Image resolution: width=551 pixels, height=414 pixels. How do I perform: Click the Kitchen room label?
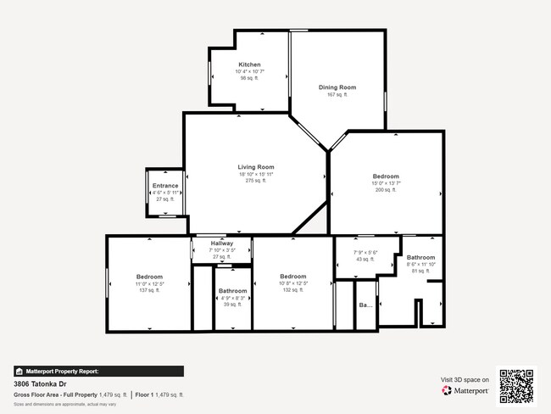click(x=249, y=64)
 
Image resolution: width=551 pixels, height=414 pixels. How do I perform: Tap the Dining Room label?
click(x=337, y=87)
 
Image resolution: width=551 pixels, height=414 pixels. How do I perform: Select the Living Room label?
click(x=255, y=167)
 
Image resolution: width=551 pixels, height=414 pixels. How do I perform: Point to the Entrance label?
click(x=165, y=186)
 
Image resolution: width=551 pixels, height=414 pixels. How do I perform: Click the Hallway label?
click(x=220, y=243)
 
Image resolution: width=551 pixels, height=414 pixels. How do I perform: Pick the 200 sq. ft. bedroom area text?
click(x=385, y=190)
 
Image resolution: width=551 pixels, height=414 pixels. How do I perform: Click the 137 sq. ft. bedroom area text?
click(x=149, y=290)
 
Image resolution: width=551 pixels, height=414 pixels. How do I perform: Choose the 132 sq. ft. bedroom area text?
click(x=293, y=290)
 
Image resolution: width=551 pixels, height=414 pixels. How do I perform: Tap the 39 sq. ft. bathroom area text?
click(x=232, y=305)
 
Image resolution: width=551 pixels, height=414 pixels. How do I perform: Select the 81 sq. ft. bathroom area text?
click(x=420, y=271)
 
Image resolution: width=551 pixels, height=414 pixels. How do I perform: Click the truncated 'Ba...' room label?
click(x=366, y=305)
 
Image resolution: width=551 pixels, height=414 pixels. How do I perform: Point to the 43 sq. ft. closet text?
click(x=365, y=259)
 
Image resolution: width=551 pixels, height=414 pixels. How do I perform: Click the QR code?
click(x=516, y=386)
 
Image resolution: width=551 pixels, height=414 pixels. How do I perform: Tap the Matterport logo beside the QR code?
click(x=465, y=391)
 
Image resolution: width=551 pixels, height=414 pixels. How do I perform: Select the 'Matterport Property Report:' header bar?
click(x=98, y=371)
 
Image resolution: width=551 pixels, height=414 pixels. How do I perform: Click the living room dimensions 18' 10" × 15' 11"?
click(x=255, y=174)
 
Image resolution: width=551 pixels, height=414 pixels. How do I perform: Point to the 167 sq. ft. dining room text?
click(x=337, y=95)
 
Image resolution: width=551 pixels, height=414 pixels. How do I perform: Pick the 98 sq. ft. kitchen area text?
click(x=249, y=78)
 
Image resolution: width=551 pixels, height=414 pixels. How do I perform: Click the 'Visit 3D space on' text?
click(x=465, y=379)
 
